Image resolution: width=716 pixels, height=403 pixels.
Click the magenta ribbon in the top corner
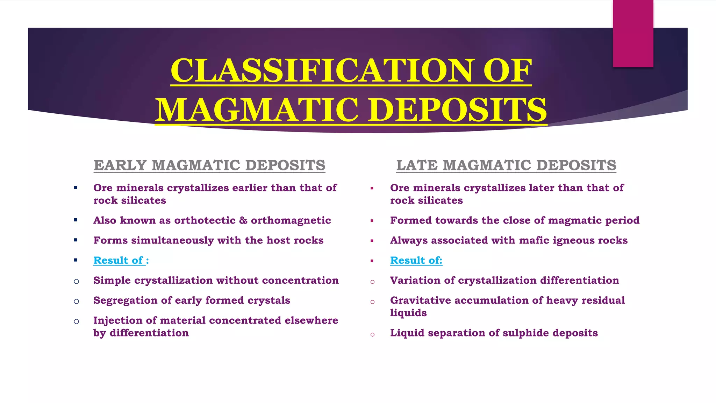click(x=633, y=33)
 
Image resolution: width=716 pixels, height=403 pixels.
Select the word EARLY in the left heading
click(x=120, y=165)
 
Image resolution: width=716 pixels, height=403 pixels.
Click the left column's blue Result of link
click(x=119, y=260)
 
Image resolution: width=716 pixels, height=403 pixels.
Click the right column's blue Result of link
click(x=416, y=260)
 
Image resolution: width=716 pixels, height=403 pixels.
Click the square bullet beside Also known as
click(x=76, y=220)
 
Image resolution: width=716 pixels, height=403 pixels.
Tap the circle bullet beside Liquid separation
click(x=372, y=334)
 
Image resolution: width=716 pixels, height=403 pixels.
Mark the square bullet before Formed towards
click(x=372, y=221)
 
